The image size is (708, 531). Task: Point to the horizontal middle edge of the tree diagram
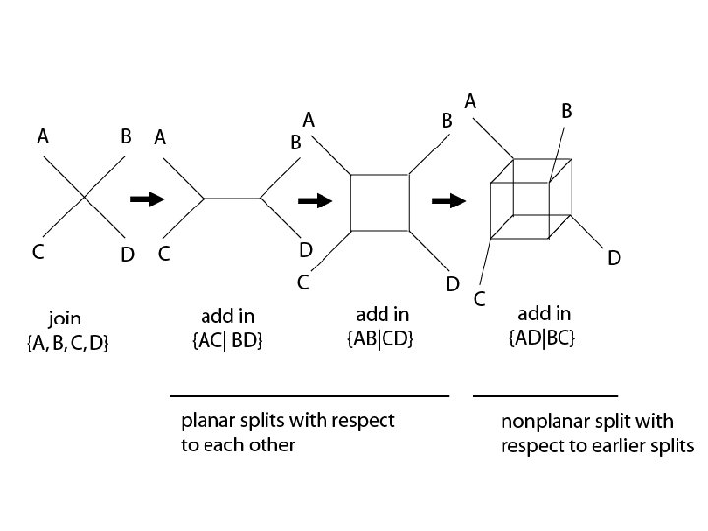coord(231,198)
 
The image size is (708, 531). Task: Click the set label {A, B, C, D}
coord(67,342)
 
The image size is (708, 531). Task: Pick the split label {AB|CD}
coord(382,339)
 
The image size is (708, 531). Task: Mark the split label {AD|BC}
coord(543,339)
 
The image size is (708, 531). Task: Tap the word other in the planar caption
coord(272,444)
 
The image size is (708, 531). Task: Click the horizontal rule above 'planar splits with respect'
coord(310,394)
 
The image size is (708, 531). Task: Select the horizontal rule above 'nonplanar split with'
coord(546,394)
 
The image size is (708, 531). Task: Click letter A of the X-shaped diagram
coord(43,137)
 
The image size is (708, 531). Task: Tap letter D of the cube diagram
coord(613,258)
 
